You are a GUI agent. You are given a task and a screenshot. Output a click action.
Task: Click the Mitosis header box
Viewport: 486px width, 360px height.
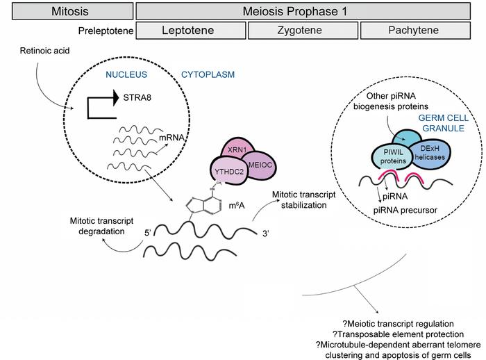coord(67,11)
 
